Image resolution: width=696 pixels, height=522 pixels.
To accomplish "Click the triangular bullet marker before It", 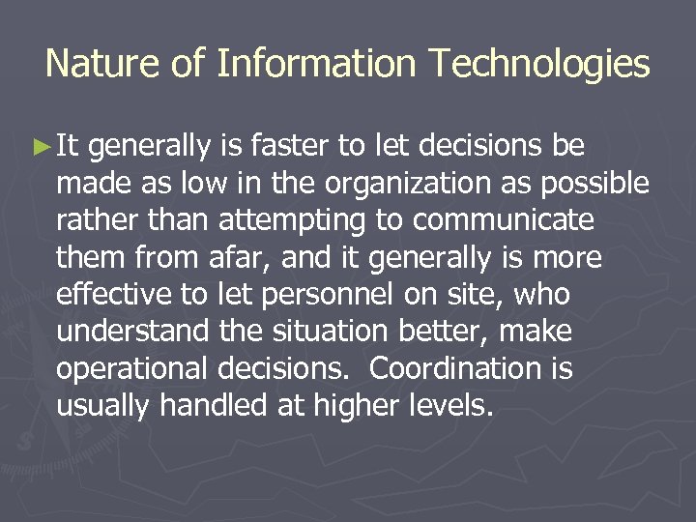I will [42, 147].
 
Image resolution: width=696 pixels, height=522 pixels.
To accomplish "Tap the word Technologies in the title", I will [541, 64].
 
